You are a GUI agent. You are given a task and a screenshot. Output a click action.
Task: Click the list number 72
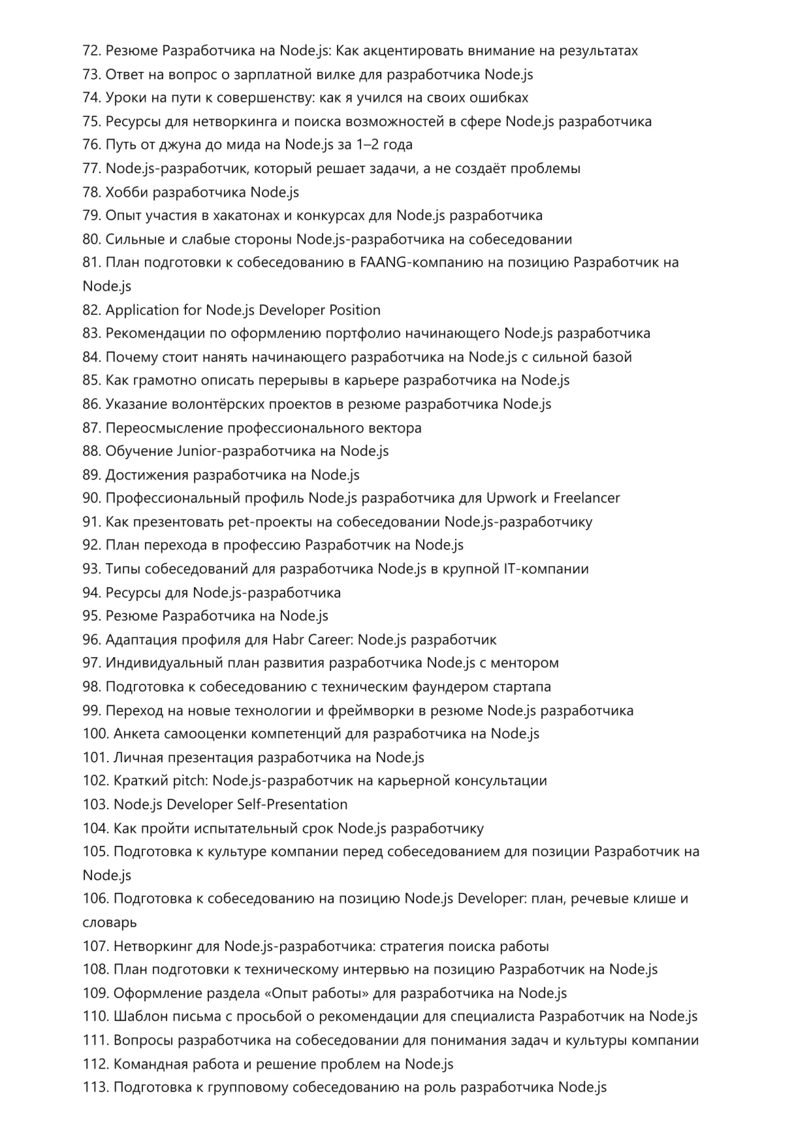[92, 51]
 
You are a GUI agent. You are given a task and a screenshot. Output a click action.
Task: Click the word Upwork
[511, 498]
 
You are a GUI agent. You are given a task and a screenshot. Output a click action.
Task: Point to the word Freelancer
[586, 498]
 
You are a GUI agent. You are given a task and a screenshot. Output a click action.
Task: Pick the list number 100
[95, 734]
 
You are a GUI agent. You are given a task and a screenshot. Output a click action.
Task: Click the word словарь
[110, 923]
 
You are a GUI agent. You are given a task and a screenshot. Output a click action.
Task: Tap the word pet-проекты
[269, 522]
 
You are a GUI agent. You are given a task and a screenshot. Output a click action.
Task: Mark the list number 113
[95, 1088]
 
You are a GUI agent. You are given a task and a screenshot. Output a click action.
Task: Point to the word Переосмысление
[165, 428]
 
